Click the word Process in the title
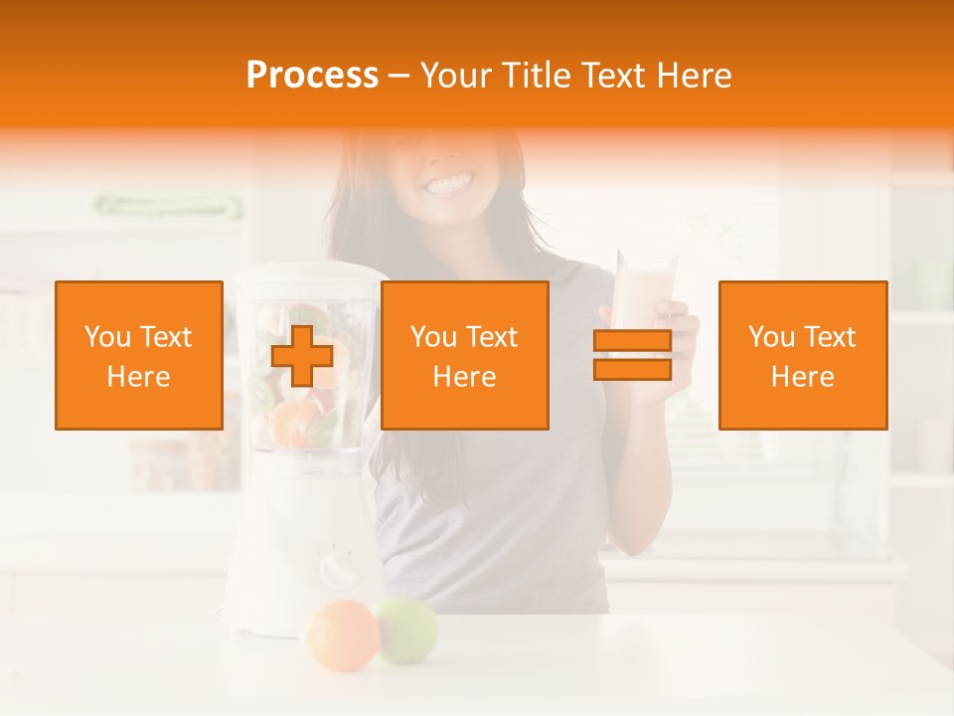(x=312, y=76)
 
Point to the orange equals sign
(x=632, y=355)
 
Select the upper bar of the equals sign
(x=632, y=341)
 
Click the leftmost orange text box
(x=139, y=355)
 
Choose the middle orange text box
(x=465, y=355)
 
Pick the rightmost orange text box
(x=803, y=355)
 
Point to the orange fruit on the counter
(x=343, y=633)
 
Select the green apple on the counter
(x=405, y=629)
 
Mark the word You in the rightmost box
(x=771, y=337)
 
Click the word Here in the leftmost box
(x=139, y=377)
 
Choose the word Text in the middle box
(x=492, y=337)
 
